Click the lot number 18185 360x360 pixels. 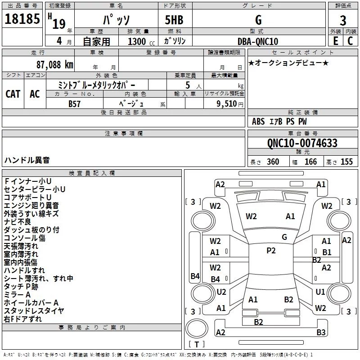22,20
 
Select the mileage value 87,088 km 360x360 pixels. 55,64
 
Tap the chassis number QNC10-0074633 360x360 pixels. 302,143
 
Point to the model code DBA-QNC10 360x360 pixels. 257,41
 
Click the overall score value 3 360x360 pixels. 343,20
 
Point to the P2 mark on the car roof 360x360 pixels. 271,251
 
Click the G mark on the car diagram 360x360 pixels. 284,237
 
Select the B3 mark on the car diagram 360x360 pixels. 321,333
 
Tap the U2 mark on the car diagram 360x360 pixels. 221,292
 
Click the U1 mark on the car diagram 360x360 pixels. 320,292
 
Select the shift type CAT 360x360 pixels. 13,94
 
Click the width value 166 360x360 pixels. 310,162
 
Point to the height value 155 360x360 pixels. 346,162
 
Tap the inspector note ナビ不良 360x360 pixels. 18,222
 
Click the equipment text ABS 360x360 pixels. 258,121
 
